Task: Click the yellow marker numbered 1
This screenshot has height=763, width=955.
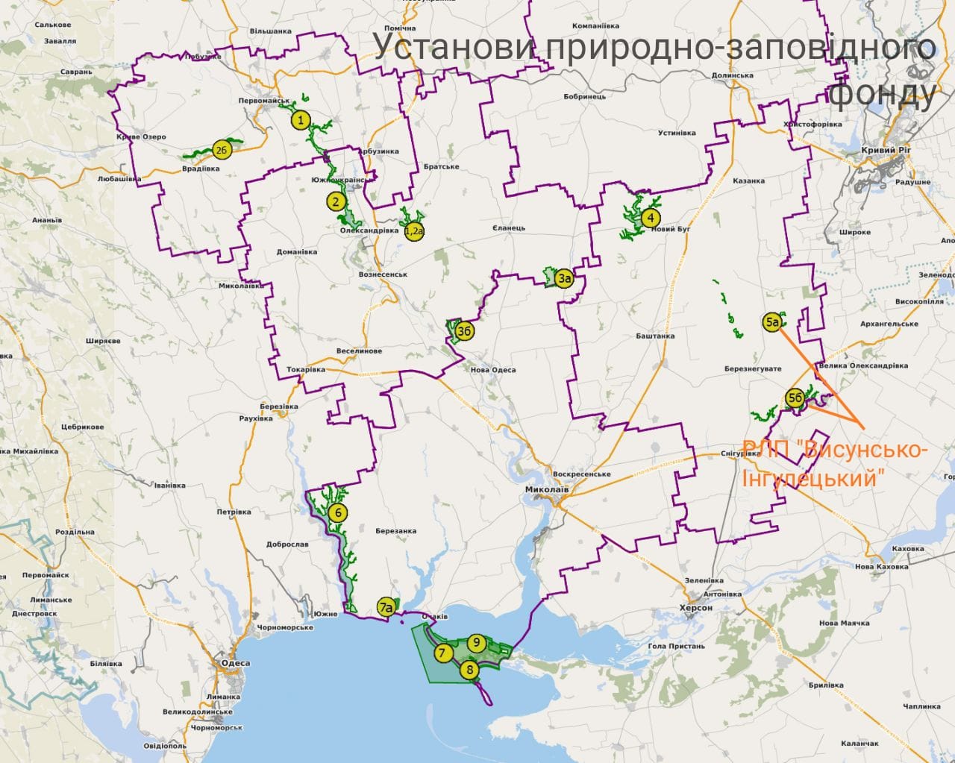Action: [300, 120]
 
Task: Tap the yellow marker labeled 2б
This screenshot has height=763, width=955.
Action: [221, 150]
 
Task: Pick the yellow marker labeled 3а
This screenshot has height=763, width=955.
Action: [565, 280]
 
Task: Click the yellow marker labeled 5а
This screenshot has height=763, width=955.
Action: [774, 322]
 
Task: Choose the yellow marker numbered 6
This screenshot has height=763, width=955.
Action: [338, 512]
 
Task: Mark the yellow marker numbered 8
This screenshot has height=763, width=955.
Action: [469, 669]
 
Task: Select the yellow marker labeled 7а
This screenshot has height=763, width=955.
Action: [386, 607]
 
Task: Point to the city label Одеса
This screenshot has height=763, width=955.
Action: [231, 662]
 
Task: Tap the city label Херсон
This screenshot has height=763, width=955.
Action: [696, 608]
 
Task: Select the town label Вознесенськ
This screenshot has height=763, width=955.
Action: [383, 274]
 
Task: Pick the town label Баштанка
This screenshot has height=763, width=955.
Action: [655, 336]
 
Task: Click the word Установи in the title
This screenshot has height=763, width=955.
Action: [454, 47]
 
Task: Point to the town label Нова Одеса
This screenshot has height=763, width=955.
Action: [492, 370]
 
